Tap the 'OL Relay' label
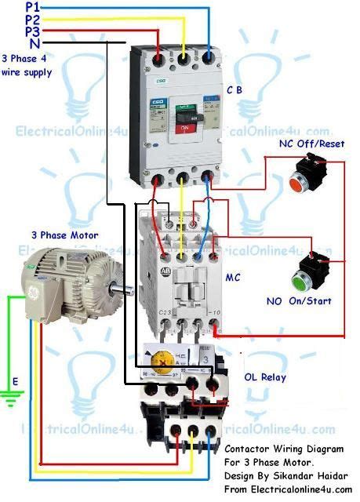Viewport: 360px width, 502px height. (x=266, y=377)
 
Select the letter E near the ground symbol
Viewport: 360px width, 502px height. (x=13, y=382)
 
